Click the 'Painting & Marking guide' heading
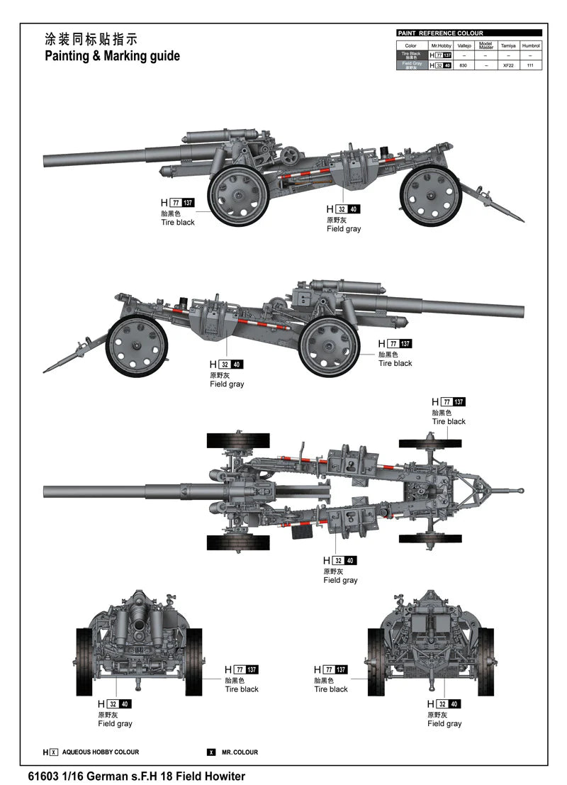pos(112,56)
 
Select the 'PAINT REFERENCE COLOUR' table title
pos(440,33)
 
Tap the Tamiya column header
pos(508,45)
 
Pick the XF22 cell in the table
pos(508,65)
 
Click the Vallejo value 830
pos(464,65)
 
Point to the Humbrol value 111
pos(530,65)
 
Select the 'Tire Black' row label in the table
pos(412,55)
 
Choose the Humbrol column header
pos(530,45)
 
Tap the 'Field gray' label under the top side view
pos(344,229)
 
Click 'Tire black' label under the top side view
pos(177,222)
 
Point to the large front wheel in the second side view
pos(330,347)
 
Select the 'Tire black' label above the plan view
pos(449,421)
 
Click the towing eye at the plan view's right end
pos(520,491)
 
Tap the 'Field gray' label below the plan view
pos(340,580)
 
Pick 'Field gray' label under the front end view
pos(115,723)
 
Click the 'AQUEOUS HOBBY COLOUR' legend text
pos(101,752)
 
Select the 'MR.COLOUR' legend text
pos(240,752)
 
